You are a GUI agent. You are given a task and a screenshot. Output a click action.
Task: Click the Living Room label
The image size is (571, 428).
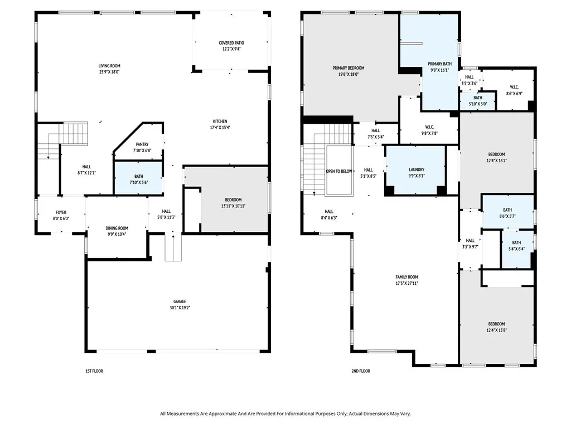tap(109, 66)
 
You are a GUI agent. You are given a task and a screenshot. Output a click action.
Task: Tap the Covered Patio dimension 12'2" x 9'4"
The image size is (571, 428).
tap(231, 49)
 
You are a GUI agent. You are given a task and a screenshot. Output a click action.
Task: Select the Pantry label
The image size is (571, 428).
tap(141, 144)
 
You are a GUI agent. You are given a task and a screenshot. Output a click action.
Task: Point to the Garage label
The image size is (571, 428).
tap(180, 301)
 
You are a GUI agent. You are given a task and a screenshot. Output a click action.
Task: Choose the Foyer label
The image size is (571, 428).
tap(61, 212)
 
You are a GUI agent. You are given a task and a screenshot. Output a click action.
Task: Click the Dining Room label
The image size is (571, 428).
tap(117, 228)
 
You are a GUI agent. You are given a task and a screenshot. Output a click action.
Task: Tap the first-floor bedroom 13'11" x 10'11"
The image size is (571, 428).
tap(233, 203)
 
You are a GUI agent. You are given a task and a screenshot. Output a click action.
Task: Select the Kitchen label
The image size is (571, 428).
tap(220, 121)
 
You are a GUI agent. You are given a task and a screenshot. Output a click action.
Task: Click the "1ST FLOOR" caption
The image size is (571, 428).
tap(94, 371)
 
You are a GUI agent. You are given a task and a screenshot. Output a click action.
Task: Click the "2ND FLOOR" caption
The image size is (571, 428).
tap(361, 371)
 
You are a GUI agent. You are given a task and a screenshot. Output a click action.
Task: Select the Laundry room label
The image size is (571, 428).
tap(417, 169)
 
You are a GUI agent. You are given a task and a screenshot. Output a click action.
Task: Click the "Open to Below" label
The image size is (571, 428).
tap(339, 171)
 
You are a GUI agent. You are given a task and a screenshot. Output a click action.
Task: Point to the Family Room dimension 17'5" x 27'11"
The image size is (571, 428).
tap(406, 283)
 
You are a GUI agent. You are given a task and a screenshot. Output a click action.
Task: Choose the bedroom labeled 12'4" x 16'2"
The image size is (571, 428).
tap(496, 157)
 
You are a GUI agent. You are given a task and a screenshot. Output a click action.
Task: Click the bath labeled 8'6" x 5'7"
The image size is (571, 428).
tap(507, 213)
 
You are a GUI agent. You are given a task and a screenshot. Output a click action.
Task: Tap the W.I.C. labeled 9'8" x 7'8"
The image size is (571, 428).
tap(430, 130)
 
